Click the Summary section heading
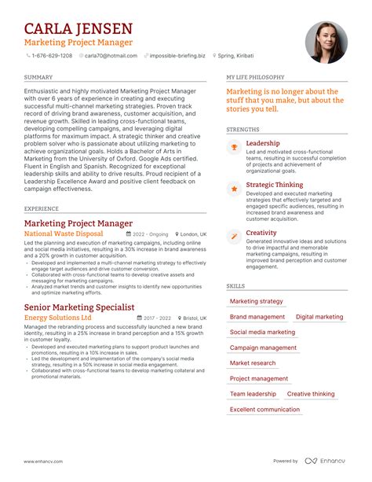(38, 78)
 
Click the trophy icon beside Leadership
(234, 147)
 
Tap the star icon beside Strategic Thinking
(234, 189)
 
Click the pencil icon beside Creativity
(234, 236)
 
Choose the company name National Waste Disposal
(64, 234)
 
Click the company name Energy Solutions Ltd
(58, 318)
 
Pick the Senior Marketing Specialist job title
(79, 307)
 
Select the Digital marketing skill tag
(319, 317)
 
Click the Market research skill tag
(253, 363)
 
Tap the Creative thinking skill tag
(311, 394)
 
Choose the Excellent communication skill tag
(264, 410)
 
